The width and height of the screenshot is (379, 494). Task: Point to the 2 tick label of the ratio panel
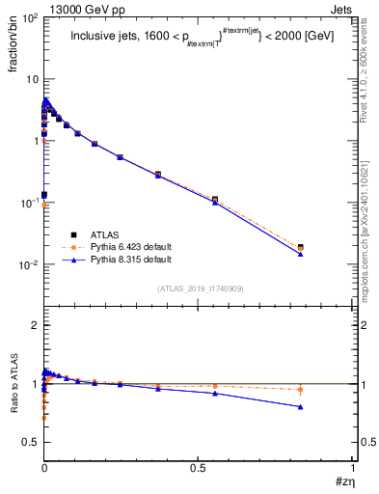point(34,325)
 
